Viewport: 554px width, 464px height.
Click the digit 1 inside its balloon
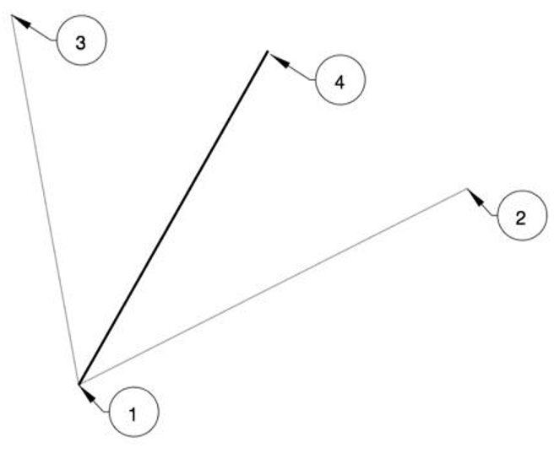(133, 414)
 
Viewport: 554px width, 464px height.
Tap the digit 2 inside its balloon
(520, 218)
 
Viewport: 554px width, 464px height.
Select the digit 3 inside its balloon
(80, 43)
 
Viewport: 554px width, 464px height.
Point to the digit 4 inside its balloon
(339, 82)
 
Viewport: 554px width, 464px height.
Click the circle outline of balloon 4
(316, 80)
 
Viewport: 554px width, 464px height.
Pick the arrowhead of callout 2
(475, 197)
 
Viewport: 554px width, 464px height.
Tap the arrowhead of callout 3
(21, 21)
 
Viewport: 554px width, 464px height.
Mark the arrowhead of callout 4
(280, 60)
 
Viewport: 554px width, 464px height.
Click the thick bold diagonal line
(173, 218)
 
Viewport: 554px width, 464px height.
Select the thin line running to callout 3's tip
(45, 199)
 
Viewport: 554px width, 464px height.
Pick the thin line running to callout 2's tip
(273, 287)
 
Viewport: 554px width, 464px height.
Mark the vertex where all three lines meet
(79, 384)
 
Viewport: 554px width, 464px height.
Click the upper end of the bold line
(268, 51)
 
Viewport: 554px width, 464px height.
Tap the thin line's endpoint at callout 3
(12, 15)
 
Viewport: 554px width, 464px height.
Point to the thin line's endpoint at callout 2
(466, 190)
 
